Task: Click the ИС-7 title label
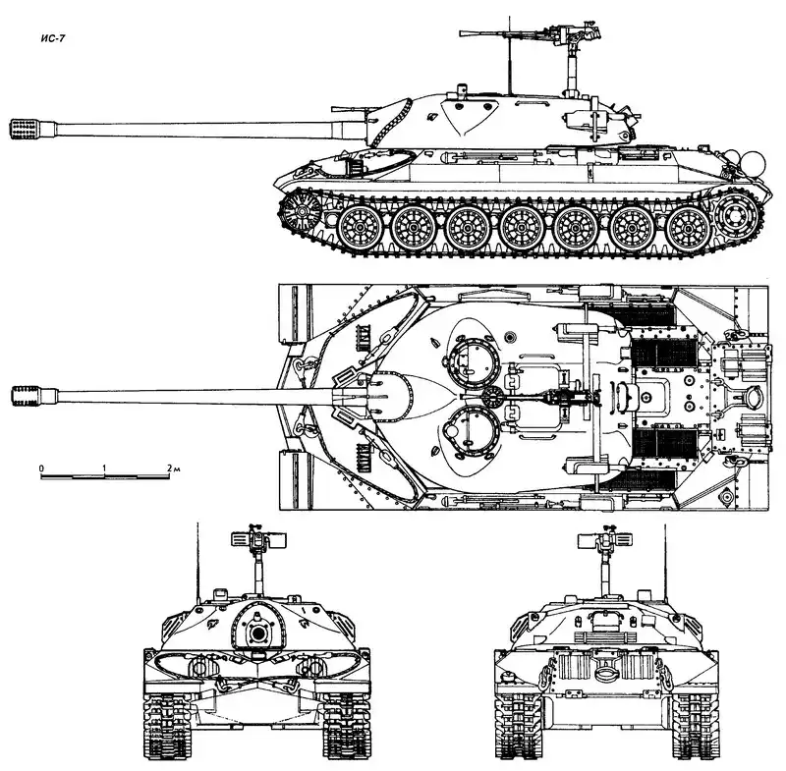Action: tap(53, 38)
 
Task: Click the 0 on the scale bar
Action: tap(41, 468)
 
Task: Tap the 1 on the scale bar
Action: tap(104, 468)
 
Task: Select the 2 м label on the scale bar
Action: tap(174, 468)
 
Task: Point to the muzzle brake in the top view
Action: tap(27, 396)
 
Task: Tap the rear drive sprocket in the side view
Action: tap(738, 215)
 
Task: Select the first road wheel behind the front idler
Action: tap(359, 229)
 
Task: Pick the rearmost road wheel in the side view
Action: tap(690, 229)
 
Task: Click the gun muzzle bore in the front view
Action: tap(257, 633)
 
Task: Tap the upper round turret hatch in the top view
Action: tap(473, 359)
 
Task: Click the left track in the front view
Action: tap(166, 722)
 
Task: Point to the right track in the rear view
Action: tap(697, 722)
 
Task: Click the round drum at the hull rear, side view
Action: tap(753, 163)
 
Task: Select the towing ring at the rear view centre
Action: tap(606, 674)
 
